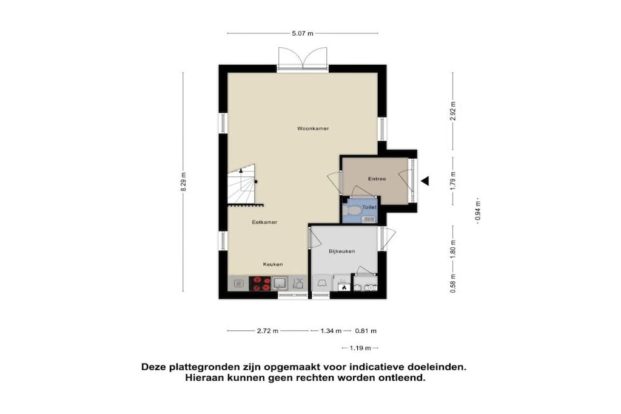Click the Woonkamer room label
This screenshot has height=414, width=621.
coord(313,129)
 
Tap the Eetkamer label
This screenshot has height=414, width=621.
coord(264,222)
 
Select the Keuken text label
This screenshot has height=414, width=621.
coord(273,264)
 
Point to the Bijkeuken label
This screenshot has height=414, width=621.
coord(342,251)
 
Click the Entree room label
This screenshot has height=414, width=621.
coord(377,178)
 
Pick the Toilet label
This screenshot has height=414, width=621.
coord(369,207)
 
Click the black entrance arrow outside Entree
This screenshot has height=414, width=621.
coord(425,181)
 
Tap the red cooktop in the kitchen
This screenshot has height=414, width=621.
coord(260,284)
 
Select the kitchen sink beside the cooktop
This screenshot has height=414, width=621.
coord(280,284)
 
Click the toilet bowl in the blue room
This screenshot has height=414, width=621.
coord(351,210)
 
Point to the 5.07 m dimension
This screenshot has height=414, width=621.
coord(303,34)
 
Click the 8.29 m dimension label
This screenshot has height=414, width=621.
coord(183,182)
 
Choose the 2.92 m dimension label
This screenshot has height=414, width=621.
coord(453,111)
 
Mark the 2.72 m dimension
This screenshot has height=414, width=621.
coord(267,331)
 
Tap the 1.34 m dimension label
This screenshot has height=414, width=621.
coord(331,331)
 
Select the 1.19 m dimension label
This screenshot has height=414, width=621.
coord(360,349)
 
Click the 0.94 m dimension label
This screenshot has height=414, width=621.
coord(478,211)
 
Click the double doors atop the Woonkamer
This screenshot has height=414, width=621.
coord(303,59)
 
